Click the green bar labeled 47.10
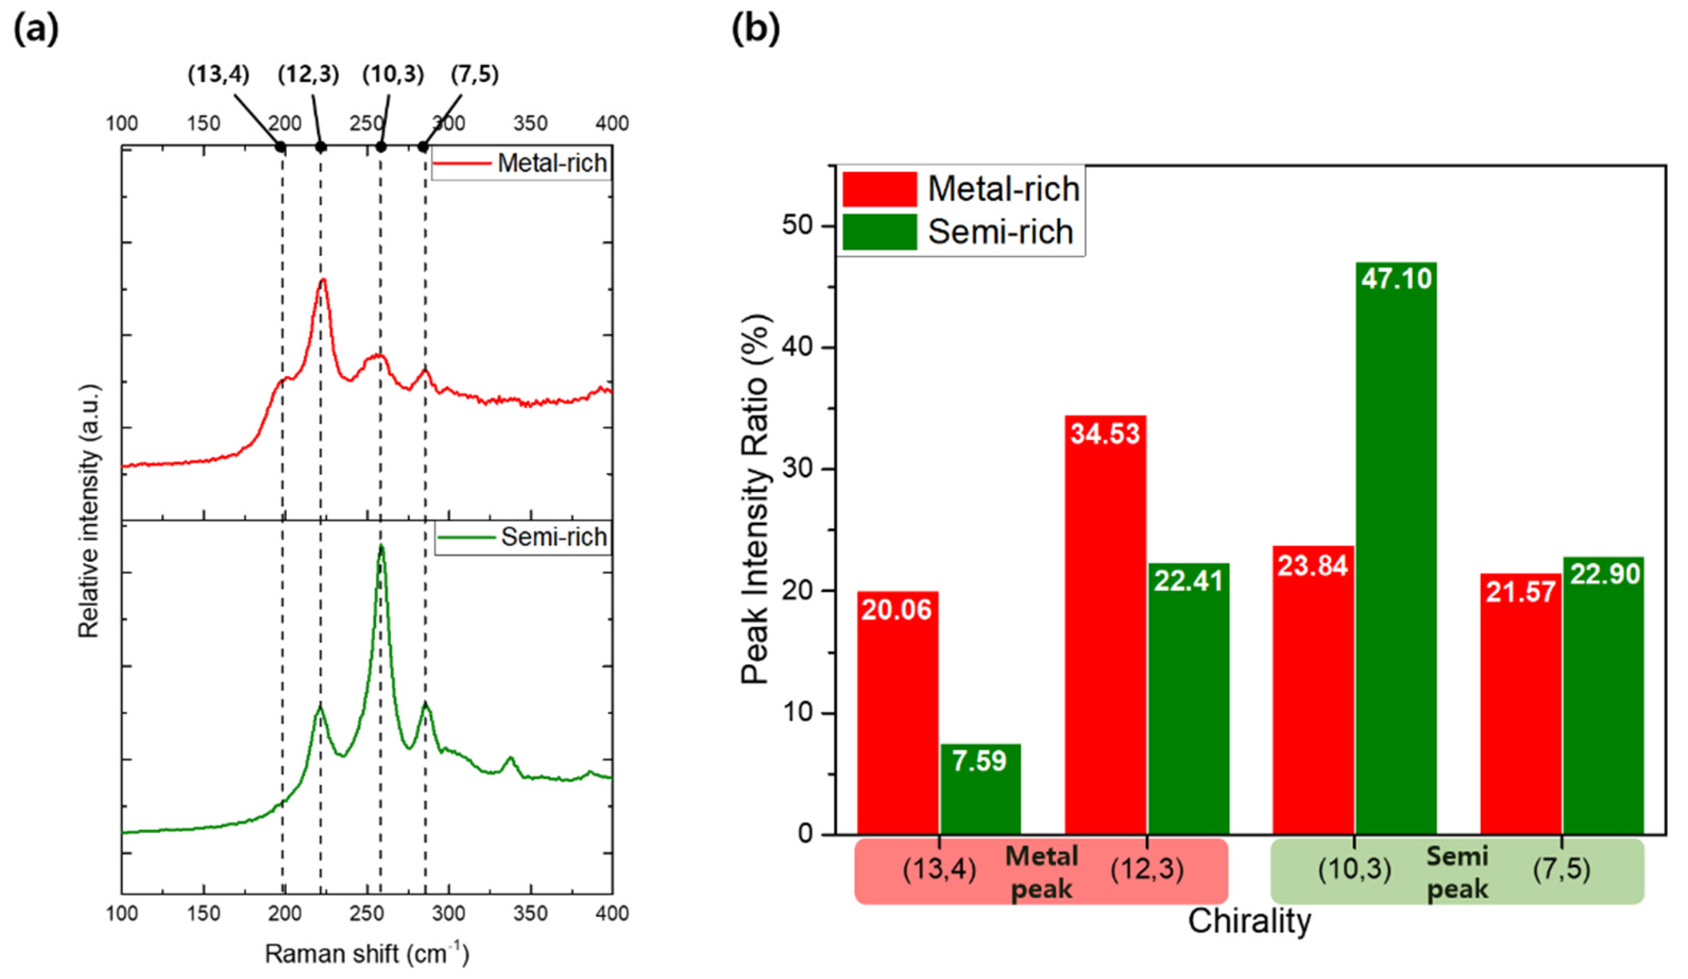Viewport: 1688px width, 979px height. click(1396, 549)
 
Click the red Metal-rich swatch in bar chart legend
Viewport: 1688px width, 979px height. click(879, 189)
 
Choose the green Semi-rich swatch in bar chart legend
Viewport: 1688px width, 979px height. click(879, 232)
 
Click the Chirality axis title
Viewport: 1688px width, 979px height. click(1249, 922)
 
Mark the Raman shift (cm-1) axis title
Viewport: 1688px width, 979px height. click(366, 954)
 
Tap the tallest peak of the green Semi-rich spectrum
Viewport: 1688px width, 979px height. click(381, 547)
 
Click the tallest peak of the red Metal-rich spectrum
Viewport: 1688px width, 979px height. click(323, 280)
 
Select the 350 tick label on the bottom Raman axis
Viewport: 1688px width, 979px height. click(530, 913)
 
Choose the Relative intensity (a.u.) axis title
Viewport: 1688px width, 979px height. click(89, 510)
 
